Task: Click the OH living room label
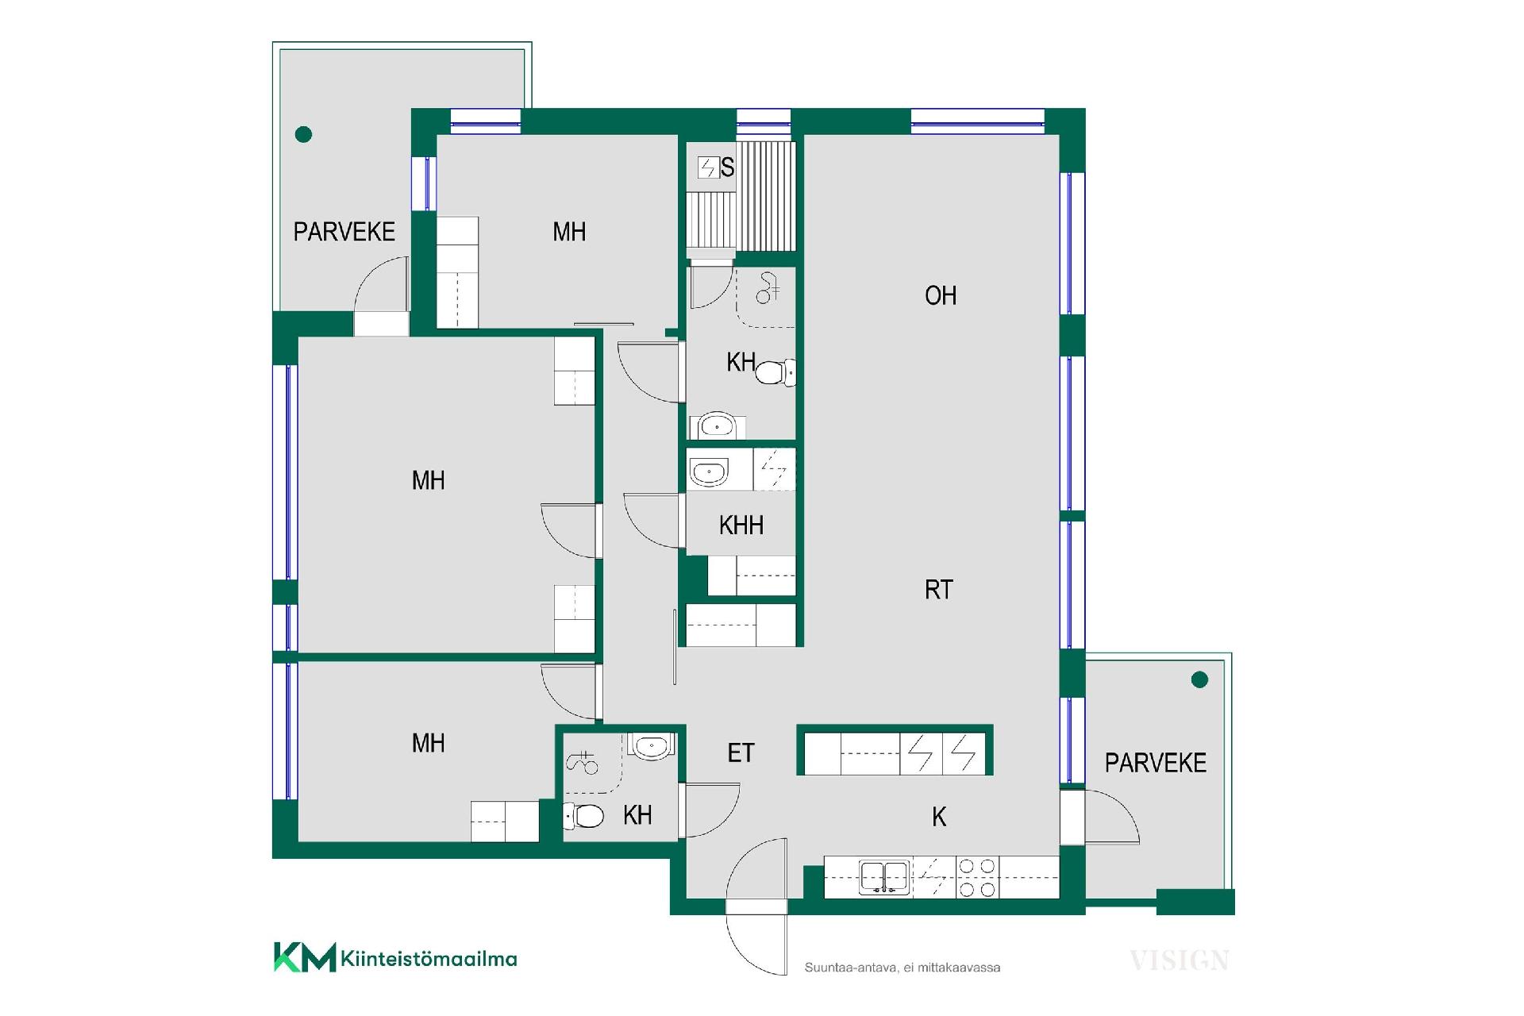[x=941, y=296]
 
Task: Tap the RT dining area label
[x=939, y=590]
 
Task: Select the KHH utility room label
[x=741, y=525]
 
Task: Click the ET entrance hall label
[x=741, y=753]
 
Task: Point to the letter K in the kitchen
[x=939, y=817]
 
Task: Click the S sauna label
[x=727, y=168]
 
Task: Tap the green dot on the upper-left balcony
[x=303, y=135]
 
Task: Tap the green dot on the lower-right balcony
[x=1200, y=679]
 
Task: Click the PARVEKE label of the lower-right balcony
[x=1156, y=764]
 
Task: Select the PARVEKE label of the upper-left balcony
[x=344, y=233]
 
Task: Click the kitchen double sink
[x=883, y=877]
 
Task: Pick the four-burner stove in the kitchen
[x=977, y=877]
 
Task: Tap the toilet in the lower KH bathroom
[x=583, y=815]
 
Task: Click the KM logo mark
[x=304, y=957]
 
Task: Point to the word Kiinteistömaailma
[x=429, y=959]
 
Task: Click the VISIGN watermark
[x=1180, y=961]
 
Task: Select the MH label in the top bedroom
[x=569, y=233]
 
